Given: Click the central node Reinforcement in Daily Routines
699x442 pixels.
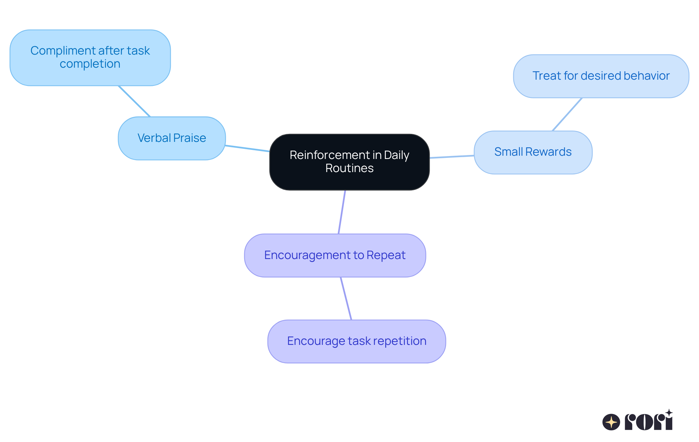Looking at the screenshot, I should pyautogui.click(x=349, y=162).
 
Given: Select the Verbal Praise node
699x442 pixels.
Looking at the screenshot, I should pyautogui.click(x=171, y=138).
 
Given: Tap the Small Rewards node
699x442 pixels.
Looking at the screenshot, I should pyautogui.click(x=533, y=152).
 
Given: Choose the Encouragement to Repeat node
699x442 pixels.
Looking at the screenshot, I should pyautogui.click(x=335, y=255).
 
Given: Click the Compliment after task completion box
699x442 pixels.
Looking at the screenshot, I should pyautogui.click(x=90, y=57).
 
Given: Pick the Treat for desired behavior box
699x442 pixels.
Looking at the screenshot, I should pyautogui.click(x=601, y=76).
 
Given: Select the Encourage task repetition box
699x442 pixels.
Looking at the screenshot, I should pyautogui.click(x=356, y=341).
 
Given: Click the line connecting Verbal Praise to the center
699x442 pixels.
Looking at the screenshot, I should pyautogui.click(x=247, y=148).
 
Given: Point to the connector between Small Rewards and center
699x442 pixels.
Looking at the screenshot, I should pyautogui.click(x=451, y=157).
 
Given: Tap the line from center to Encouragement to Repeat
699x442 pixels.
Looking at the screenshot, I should pyautogui.click(x=342, y=212).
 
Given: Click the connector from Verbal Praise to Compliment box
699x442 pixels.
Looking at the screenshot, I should pyautogui.click(x=134, y=101).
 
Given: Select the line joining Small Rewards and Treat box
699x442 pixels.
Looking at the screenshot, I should pyautogui.click(x=567, y=114).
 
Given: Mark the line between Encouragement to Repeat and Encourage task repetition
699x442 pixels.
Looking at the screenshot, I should pyautogui.click(x=346, y=298).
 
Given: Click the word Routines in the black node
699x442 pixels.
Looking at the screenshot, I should pyautogui.click(x=349, y=168).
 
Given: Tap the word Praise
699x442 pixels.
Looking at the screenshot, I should pyautogui.click(x=189, y=138).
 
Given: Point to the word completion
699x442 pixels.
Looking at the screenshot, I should pyautogui.click(x=90, y=64).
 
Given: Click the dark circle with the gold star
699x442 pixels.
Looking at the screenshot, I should pyautogui.click(x=611, y=422).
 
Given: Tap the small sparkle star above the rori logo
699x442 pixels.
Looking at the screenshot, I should pyautogui.click(x=669, y=413).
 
